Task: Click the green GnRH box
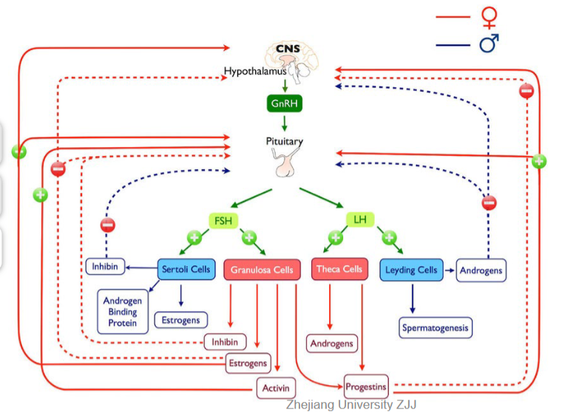285,103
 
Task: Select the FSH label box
223,220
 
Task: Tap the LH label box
360,219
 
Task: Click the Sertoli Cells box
186,269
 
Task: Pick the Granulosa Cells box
262,270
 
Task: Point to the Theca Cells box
339,269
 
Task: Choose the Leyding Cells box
411,270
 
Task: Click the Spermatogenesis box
436,327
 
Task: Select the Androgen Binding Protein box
123,312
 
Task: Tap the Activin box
276,388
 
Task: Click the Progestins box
366,386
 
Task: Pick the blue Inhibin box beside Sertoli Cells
105,267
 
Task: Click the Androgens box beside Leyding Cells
481,270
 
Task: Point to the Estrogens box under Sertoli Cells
181,320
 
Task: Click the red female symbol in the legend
490,17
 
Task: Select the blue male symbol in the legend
489,44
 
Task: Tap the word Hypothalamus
255,71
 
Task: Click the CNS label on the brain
288,48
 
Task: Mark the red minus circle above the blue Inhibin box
108,225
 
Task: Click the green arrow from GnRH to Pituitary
285,123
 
